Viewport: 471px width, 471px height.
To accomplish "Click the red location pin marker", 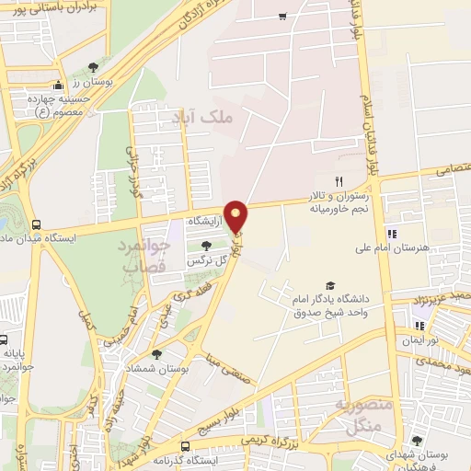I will click(237, 215).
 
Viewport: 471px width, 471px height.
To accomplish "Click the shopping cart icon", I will click(282, 17).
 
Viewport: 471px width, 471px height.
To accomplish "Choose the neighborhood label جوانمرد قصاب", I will click(143, 256).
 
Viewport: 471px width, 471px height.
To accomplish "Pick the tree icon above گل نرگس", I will click(206, 245).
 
